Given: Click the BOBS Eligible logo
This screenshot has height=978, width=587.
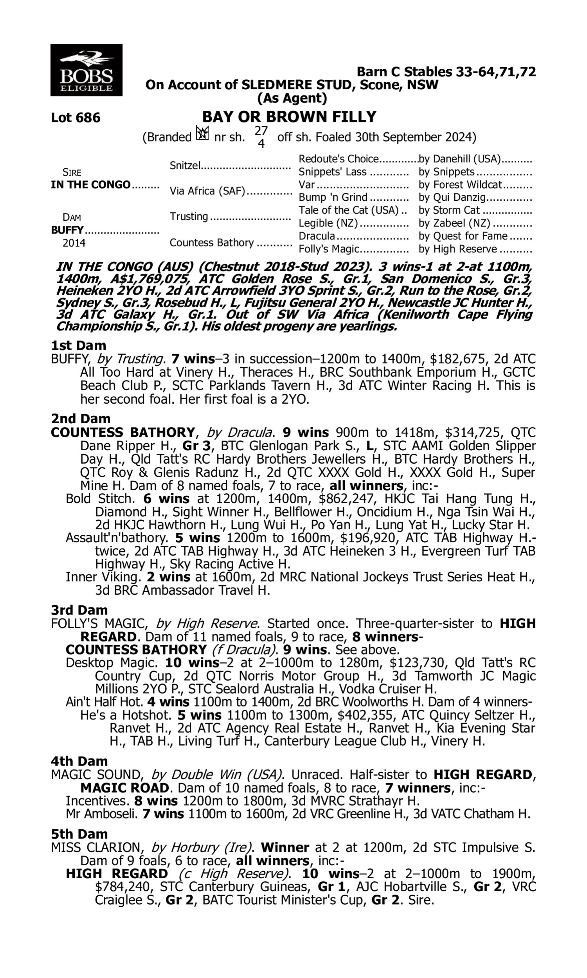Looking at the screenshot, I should pos(86,70).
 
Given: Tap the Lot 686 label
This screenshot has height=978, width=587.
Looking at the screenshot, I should pos(76,118).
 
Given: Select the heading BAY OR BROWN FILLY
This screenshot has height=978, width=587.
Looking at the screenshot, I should pos(289,117).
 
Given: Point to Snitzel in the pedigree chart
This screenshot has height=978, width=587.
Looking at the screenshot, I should pos(185,165).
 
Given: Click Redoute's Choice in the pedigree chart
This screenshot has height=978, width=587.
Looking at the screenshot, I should pos(339,159).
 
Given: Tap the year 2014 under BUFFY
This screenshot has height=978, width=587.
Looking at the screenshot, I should pos(74,243).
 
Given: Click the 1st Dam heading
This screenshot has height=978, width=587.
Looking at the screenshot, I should pos(78,345).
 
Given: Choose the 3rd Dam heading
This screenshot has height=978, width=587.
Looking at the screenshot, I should pos(79,610).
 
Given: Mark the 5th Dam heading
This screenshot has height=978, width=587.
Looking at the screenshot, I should pos(79,834).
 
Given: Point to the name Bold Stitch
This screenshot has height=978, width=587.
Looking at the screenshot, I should pos(99,499).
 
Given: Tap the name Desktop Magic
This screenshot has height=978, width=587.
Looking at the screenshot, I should pos(112,663).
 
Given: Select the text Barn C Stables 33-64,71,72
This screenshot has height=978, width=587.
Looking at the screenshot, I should pos(446,72).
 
